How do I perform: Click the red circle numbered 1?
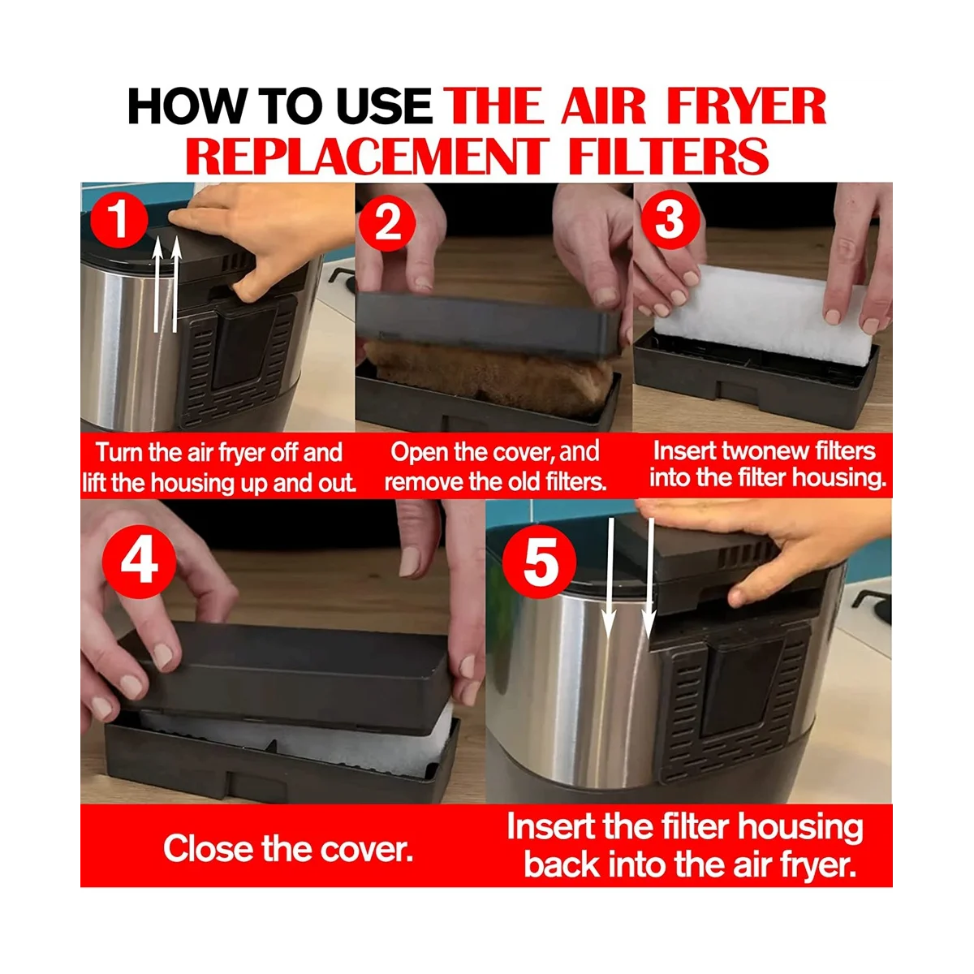coord(119,220)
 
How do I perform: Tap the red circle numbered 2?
coord(387,223)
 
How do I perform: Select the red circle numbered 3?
coord(670,221)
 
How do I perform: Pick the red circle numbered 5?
coord(539,562)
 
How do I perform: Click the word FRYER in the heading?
coord(746,106)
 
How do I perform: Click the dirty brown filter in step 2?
coord(489,377)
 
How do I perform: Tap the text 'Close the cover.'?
coord(288,849)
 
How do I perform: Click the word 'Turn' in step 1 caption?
coord(114,452)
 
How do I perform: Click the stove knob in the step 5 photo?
coord(873,604)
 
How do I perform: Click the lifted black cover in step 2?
coord(488,324)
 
